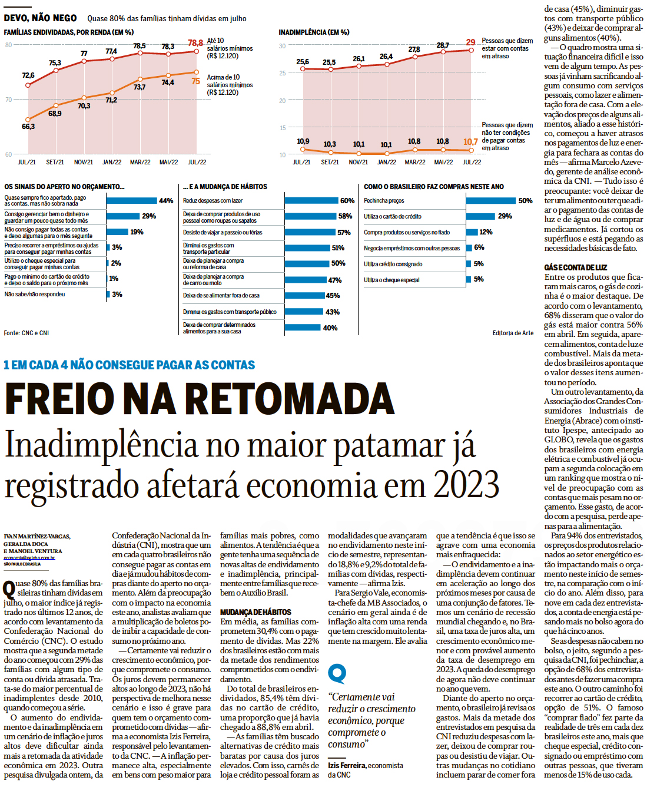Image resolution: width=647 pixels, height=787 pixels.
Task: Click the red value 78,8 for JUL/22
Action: [195, 43]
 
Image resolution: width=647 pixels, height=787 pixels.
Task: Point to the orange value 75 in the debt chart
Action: [195, 81]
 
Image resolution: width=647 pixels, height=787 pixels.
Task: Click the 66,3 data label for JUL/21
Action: [28, 127]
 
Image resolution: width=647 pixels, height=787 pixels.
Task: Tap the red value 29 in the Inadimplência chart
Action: [470, 42]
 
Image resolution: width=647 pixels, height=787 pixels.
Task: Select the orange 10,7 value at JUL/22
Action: [470, 142]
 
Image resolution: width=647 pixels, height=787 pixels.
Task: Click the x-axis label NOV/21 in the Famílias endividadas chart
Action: [83, 162]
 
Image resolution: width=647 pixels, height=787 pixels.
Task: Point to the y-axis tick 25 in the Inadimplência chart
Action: [283, 73]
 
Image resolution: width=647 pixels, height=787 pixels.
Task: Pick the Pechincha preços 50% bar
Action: [490, 201]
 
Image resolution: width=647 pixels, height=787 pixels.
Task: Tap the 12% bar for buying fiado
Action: [472, 232]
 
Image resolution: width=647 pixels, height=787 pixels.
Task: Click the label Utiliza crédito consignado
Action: [393, 264]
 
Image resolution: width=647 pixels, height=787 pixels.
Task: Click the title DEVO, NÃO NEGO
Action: [40, 18]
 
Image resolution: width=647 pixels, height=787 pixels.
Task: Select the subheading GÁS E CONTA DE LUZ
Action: [575, 267]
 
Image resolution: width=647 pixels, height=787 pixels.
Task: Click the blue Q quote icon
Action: [337, 673]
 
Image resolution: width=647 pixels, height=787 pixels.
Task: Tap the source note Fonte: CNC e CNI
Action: [26, 333]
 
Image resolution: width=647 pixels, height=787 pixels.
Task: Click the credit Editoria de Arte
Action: [513, 333]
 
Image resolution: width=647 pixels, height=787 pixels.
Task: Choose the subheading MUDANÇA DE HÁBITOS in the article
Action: [256, 612]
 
